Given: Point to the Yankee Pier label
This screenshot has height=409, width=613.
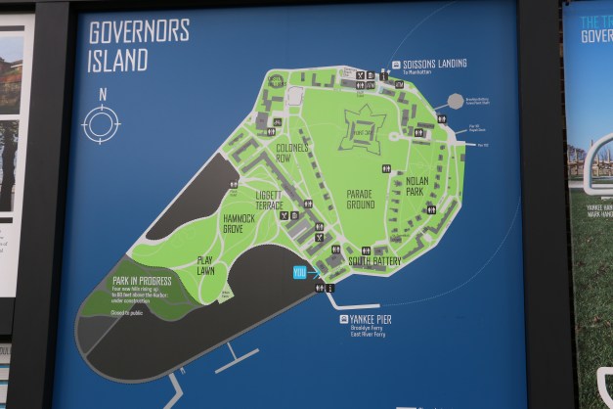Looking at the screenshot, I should pos(371,319).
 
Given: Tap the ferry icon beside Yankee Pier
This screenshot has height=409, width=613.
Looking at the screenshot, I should pos(343,319).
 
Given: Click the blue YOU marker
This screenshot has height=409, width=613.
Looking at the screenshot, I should pos(299,272).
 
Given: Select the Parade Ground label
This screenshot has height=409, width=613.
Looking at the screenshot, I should pos(360,199).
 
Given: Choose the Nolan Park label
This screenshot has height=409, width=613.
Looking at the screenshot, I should pos(416,187).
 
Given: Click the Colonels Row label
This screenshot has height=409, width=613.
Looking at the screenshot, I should pos(291,153).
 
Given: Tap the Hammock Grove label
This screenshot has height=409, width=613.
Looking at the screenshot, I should pos(239,223).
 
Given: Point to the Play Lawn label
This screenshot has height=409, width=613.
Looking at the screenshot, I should pos(205,264).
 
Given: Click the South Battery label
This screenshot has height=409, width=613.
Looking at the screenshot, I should pos(374,261).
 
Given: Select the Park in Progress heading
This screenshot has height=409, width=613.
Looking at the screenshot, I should pos(142,281).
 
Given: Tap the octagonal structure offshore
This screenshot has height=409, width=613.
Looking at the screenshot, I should pos(456,101).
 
